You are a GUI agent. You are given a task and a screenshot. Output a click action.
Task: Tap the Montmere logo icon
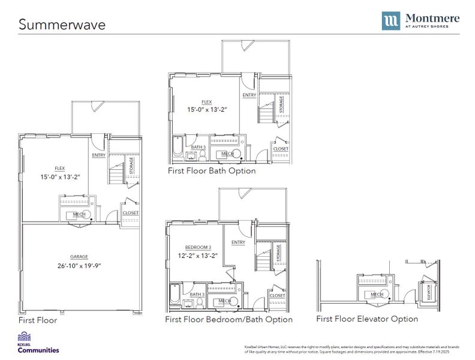coord(390,20)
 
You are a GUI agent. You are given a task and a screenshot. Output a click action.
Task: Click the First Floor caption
coord(38,320)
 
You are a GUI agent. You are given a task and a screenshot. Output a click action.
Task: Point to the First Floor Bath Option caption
coord(212,171)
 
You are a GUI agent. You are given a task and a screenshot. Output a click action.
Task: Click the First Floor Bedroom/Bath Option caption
coord(229,320)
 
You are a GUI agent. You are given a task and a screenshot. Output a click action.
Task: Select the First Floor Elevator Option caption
coord(367,319)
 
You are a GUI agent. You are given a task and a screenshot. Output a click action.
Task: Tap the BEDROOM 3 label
coord(198,247)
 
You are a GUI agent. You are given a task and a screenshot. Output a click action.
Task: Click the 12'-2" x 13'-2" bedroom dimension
coord(198,256)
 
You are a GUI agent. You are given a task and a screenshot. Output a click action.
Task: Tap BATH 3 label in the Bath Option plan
coord(198,147)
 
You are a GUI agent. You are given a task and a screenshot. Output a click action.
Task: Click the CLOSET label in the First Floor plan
coord(130,213)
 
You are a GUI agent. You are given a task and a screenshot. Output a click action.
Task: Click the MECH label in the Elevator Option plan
coord(377,295)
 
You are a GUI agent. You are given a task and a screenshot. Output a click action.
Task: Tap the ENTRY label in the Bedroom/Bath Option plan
coord(238,242)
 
